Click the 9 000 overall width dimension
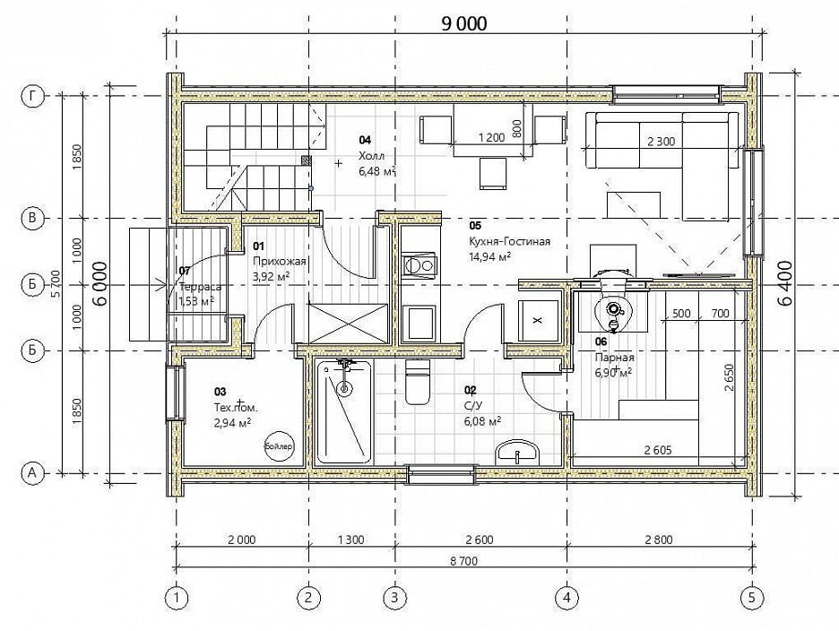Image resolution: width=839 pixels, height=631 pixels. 464,24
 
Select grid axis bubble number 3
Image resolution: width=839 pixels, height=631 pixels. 395,597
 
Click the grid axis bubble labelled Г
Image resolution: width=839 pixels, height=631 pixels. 32,96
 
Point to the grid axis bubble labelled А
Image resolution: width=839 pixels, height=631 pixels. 32,473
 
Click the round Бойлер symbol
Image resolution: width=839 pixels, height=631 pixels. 280,445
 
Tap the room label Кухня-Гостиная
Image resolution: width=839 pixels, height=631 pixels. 509,241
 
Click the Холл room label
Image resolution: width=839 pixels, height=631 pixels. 371,156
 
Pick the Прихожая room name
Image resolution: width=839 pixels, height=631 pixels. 280,261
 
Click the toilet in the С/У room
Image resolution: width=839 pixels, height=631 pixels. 418,382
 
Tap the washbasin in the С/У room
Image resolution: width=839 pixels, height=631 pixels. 518,453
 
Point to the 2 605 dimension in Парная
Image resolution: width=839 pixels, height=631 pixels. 658,451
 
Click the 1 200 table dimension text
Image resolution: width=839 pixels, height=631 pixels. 492,137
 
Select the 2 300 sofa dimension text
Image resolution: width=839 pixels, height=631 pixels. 662,142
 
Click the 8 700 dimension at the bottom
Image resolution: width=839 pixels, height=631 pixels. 463,560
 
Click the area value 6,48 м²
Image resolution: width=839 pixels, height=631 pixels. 377,171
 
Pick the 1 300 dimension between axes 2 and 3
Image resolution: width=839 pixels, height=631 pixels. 351,540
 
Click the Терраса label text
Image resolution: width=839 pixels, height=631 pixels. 201,287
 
